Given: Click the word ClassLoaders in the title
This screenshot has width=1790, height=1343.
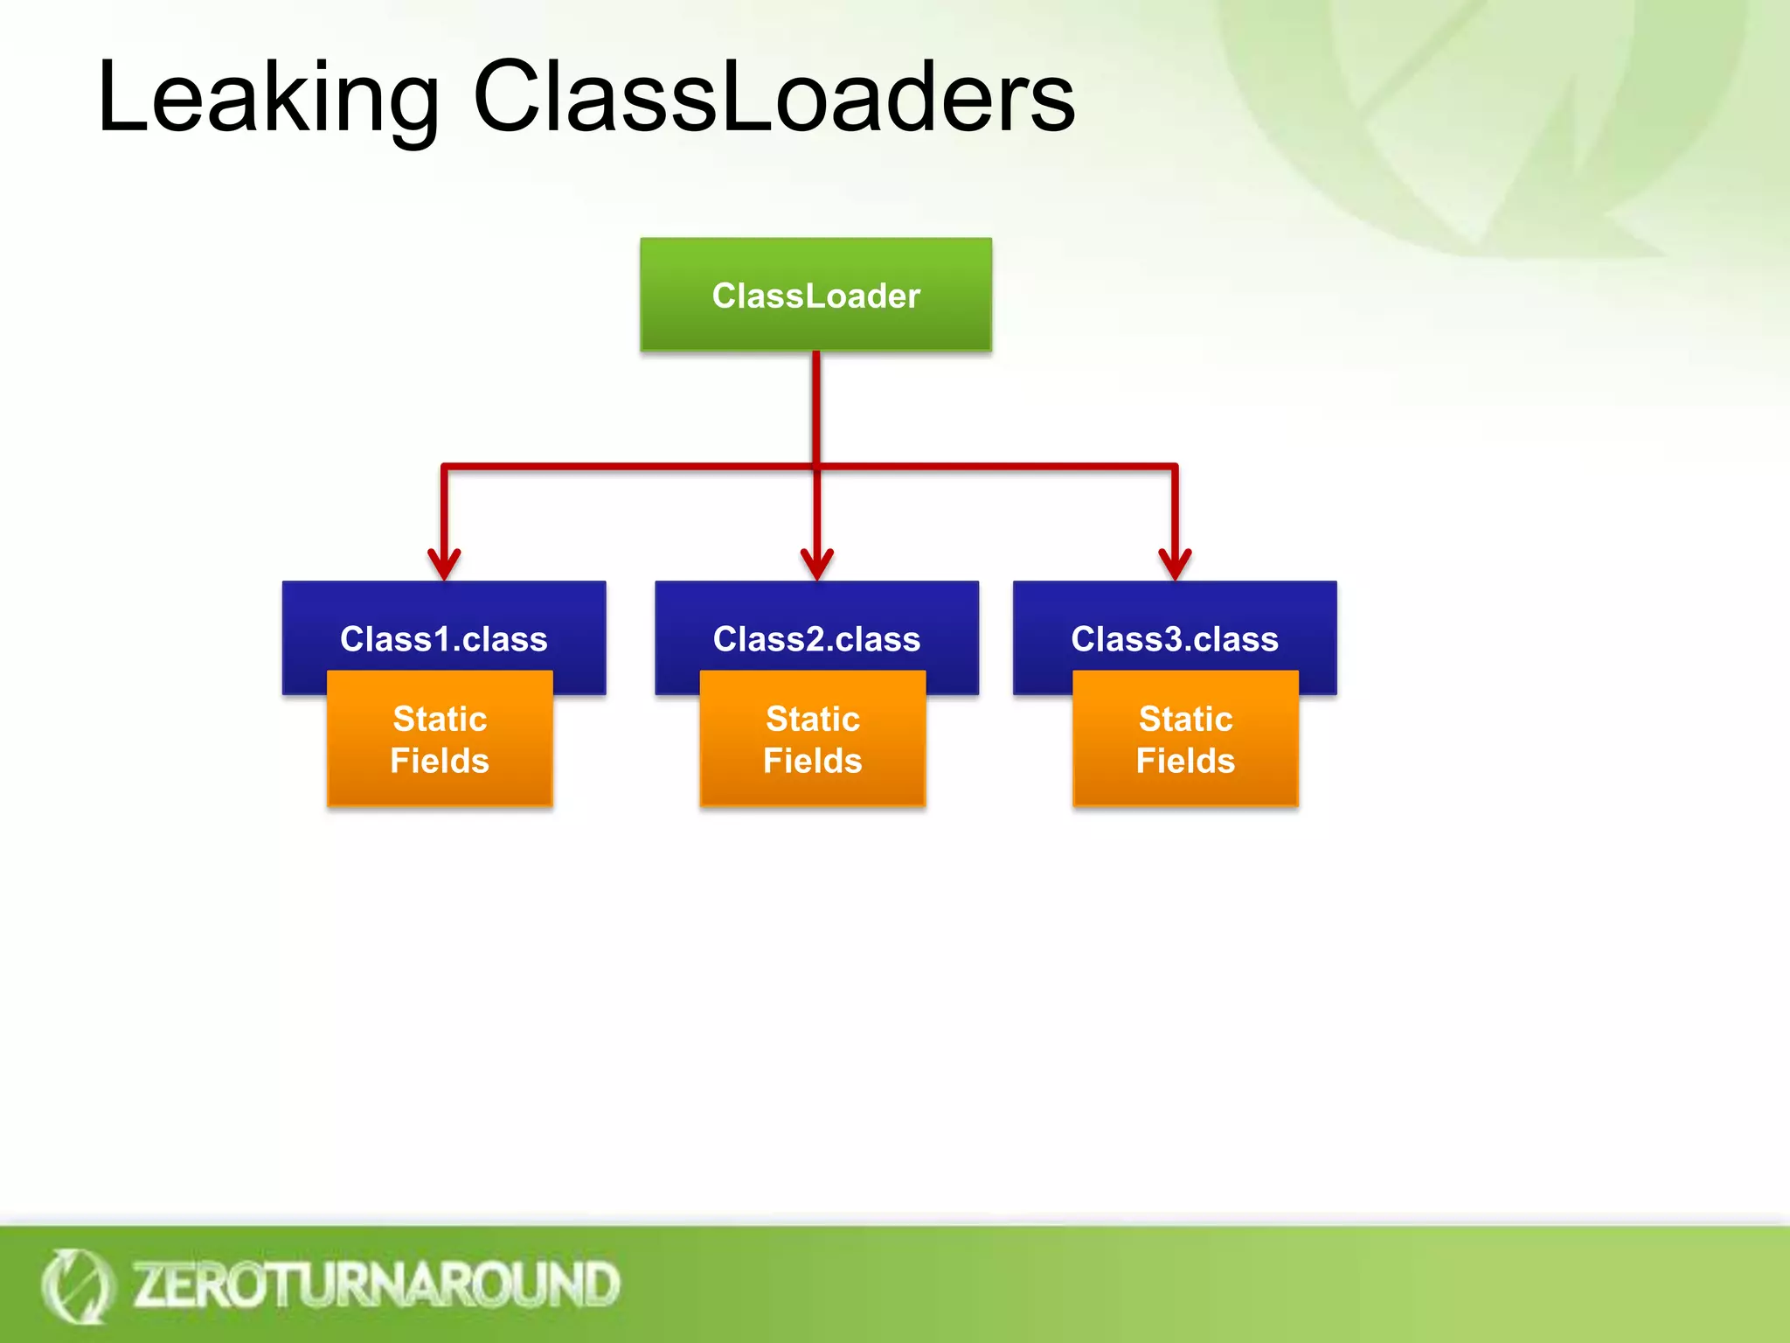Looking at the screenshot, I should click(x=774, y=98).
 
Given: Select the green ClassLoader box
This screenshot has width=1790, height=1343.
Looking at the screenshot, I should click(x=815, y=295).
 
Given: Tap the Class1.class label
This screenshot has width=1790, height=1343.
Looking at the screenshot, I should click(x=443, y=639).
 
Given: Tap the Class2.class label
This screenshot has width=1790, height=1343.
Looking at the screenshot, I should click(x=816, y=639).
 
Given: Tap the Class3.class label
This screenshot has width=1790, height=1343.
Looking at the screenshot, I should click(x=1174, y=639).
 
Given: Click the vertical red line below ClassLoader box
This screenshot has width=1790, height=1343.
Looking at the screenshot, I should click(x=815, y=407).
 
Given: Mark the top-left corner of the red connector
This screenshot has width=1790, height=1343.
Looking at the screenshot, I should click(x=445, y=467).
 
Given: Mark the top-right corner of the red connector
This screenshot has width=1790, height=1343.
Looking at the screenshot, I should click(x=1175, y=467).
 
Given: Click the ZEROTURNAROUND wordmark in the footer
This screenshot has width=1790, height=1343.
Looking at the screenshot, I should click(x=376, y=1284).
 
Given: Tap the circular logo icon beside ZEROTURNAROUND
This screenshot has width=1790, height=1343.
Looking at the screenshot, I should click(x=77, y=1286).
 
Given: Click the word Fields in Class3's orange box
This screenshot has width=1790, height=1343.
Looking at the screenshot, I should click(x=1185, y=761).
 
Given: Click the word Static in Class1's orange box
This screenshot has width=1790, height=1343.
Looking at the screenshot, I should click(x=440, y=719).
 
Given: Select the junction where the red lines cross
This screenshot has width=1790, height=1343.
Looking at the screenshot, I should click(x=816, y=467).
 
